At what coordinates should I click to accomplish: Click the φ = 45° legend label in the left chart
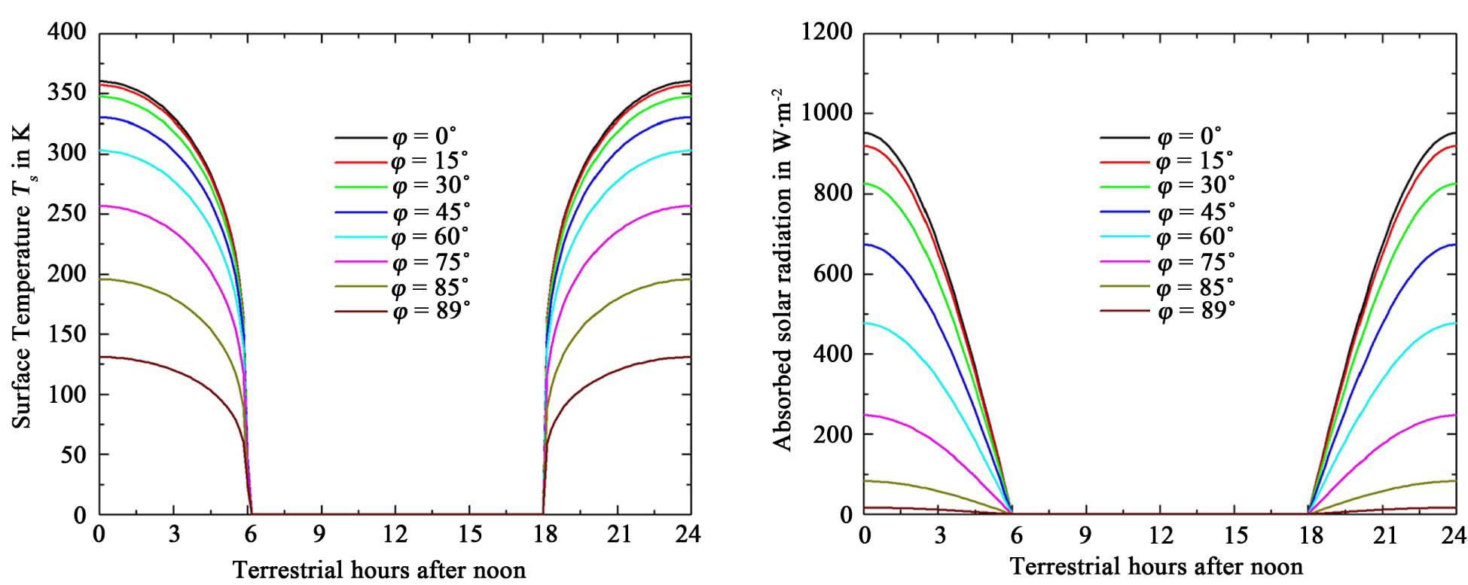(430, 212)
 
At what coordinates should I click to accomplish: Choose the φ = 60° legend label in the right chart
(1196, 236)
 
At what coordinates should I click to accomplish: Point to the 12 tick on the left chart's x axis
(395, 535)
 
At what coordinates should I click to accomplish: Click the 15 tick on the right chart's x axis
(1235, 536)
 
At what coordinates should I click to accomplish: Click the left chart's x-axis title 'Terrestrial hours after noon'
(379, 570)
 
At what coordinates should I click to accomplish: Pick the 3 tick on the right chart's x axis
(938, 536)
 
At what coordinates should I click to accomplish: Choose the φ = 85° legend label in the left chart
(430, 287)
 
